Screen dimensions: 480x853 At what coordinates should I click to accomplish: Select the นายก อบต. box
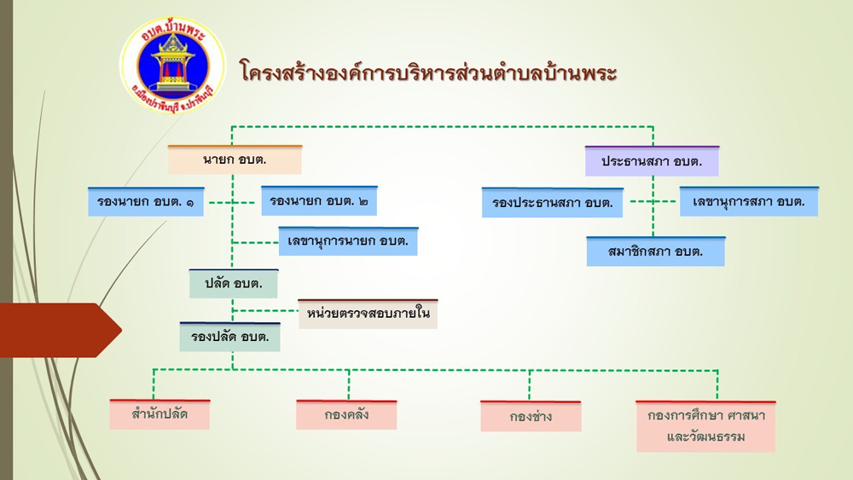pyautogui.click(x=235, y=159)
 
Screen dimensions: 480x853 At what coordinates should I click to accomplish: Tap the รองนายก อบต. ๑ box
pyautogui.click(x=146, y=201)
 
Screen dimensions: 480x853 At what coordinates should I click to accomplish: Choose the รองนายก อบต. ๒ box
pyautogui.click(x=319, y=201)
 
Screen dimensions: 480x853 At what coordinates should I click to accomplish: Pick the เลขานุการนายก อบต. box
pyautogui.click(x=348, y=241)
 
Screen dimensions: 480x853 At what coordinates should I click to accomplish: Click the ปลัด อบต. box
pyautogui.click(x=233, y=283)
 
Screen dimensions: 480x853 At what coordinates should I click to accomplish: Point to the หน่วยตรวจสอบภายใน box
pyautogui.click(x=368, y=314)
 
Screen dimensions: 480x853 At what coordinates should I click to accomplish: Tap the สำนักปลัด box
pyautogui.click(x=160, y=414)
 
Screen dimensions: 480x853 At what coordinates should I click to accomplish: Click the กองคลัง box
pyautogui.click(x=346, y=415)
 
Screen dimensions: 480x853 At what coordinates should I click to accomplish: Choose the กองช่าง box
pyautogui.click(x=531, y=416)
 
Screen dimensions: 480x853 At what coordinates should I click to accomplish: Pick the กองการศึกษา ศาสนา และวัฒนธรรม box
pyautogui.click(x=705, y=425)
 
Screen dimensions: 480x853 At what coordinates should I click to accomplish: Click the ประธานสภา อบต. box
pyautogui.click(x=652, y=160)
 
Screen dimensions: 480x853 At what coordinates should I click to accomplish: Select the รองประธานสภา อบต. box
pyautogui.click(x=553, y=203)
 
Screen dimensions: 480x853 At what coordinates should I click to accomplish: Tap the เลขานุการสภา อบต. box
pyautogui.click(x=748, y=201)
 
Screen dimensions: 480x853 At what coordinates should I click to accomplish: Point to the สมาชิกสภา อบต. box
pyautogui.click(x=655, y=252)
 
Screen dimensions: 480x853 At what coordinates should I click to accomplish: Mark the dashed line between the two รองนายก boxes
pyautogui.click(x=232, y=202)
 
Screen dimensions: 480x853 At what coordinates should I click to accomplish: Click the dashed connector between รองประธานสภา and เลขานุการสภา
pyautogui.click(x=653, y=202)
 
